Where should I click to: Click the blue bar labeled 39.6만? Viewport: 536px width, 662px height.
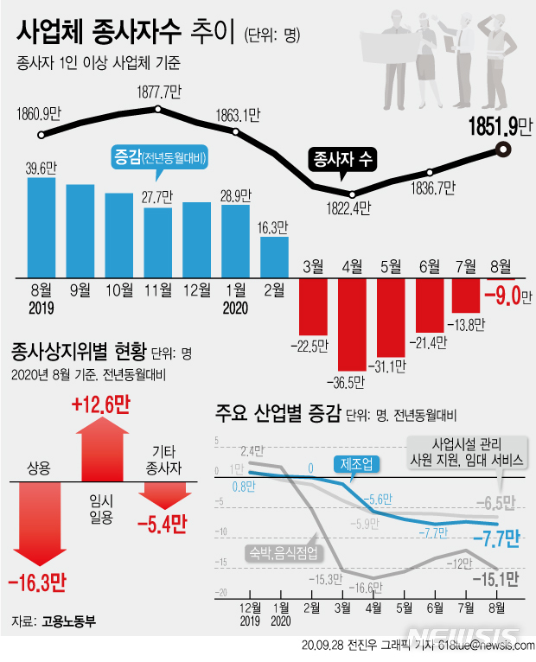click(x=41, y=227)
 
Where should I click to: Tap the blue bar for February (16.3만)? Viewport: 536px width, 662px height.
click(x=274, y=257)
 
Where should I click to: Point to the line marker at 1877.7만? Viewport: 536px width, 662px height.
click(x=158, y=109)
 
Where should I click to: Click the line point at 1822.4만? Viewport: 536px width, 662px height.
click(x=350, y=194)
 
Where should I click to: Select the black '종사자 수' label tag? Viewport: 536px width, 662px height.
click(x=342, y=159)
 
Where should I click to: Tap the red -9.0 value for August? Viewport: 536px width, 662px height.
click(x=507, y=298)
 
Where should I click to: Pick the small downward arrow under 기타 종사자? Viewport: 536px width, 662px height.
click(x=163, y=496)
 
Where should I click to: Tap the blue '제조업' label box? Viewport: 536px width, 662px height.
click(x=356, y=464)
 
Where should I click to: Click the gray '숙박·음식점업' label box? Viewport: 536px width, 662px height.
click(x=282, y=551)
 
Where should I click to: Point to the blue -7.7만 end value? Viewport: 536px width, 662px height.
click(x=495, y=540)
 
